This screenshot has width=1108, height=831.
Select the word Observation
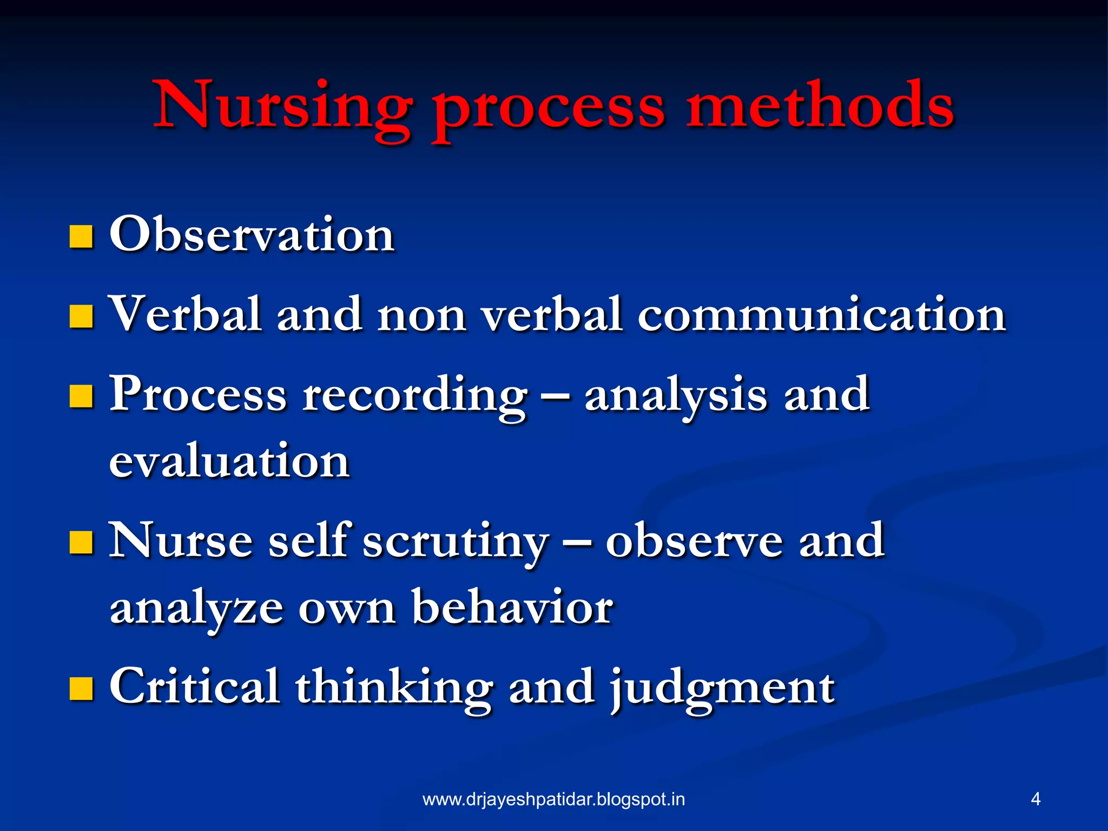click(252, 235)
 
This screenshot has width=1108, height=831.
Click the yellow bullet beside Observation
click(81, 237)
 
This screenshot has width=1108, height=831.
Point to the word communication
click(821, 315)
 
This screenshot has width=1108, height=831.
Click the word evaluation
click(229, 461)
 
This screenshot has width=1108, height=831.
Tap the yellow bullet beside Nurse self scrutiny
click(81, 543)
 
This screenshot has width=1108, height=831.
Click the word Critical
click(195, 687)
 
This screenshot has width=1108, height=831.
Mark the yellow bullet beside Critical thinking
click(81, 689)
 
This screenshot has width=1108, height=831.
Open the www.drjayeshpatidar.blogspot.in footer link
click(553, 799)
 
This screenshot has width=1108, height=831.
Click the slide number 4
click(1036, 799)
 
